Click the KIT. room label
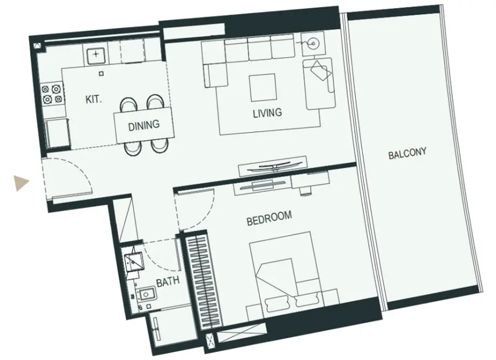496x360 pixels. tap(94, 99)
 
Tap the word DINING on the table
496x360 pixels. tap(144, 126)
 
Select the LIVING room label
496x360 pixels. tap(267, 113)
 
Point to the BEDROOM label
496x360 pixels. tap(269, 218)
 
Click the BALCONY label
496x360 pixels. tap(408, 154)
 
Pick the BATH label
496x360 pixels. tap(168, 281)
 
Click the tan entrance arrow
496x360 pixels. tap(22, 183)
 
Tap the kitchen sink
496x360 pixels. tap(96, 55)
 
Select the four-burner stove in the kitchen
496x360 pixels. tap(52, 94)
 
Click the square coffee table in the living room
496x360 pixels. tap(263, 88)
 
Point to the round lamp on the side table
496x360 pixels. tap(313, 43)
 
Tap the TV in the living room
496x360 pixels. tap(273, 167)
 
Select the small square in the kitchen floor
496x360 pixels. tap(101, 74)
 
